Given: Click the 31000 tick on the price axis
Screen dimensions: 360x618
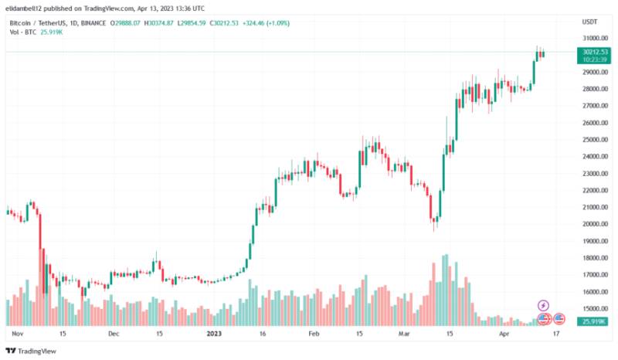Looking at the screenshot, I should pos(592,38).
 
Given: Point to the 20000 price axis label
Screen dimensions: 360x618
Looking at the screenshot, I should pos(592,224).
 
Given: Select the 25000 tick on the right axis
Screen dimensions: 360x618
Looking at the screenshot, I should pos(592,140).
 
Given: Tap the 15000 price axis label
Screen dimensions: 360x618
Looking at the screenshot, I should pos(592,308).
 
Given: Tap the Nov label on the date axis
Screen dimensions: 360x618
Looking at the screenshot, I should pos(19,335).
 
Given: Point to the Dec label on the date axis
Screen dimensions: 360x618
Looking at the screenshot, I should pos(114,335).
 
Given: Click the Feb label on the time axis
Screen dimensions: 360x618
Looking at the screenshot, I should pos(313,335).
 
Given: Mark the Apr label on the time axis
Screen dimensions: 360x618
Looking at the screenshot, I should pos(504,335).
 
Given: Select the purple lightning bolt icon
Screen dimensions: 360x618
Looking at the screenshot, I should pos(543,306).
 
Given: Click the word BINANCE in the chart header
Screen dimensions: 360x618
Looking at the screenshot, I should pos(93,23).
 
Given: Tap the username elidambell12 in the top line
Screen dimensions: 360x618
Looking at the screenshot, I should pos(29,9).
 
